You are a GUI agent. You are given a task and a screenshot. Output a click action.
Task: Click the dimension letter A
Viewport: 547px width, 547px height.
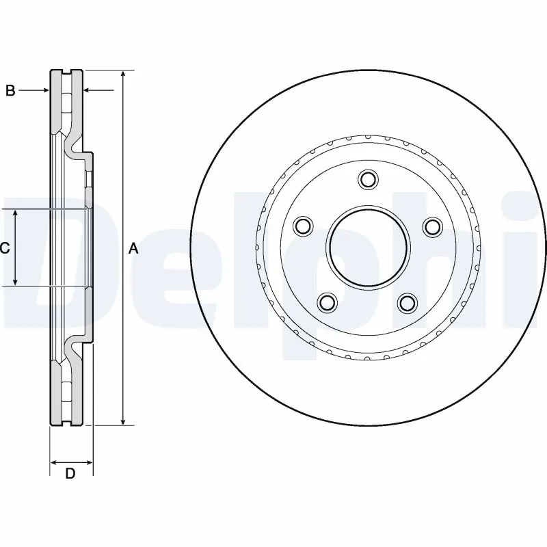pyautogui.click(x=134, y=249)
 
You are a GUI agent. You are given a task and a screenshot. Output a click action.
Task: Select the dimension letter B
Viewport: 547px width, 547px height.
pyautogui.click(x=10, y=90)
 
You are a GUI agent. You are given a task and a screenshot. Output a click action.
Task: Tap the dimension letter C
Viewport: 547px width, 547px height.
pyautogui.click(x=5, y=248)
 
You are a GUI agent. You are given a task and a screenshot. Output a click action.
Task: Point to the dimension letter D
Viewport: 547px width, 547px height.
pyautogui.click(x=70, y=473)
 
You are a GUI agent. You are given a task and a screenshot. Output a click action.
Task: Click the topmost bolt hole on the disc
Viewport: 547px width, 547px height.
pyautogui.click(x=368, y=181)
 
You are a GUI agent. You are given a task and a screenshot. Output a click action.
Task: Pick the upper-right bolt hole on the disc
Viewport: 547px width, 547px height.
pyautogui.click(x=432, y=226)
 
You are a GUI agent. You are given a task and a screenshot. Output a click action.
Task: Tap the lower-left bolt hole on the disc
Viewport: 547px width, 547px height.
pyautogui.click(x=328, y=302)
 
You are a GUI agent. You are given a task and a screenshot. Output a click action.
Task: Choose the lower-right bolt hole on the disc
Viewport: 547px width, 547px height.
pyautogui.click(x=408, y=302)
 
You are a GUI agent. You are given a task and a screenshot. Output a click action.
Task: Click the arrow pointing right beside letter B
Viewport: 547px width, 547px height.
pyautogui.click(x=44, y=90)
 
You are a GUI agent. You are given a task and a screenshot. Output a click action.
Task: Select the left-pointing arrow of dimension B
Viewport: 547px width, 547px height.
pyautogui.click(x=88, y=90)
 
